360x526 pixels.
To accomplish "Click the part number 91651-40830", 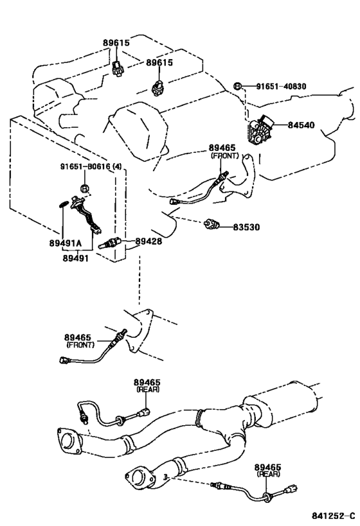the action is pos(281,87).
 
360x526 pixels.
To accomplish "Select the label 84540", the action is pos(301,125).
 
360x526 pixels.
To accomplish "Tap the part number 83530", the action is pos(246,227).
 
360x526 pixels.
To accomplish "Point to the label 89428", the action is pos(148,241).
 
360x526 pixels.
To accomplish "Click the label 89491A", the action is pos(66,243).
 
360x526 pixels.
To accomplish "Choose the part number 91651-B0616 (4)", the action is pos(91,166).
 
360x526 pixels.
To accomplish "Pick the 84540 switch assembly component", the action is pos(260,130).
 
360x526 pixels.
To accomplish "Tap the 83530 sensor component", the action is pos(212,224).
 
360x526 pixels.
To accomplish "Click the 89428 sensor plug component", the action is pos(107,244).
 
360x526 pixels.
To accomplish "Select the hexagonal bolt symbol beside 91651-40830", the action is pos(237,86).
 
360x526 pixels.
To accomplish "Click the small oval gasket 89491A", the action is pos(63,204).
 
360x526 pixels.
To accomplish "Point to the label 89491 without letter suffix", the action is pos(76,258).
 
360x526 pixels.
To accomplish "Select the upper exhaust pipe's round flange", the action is pos(69,441).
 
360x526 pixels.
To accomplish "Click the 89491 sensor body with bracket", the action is pos(85,213).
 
